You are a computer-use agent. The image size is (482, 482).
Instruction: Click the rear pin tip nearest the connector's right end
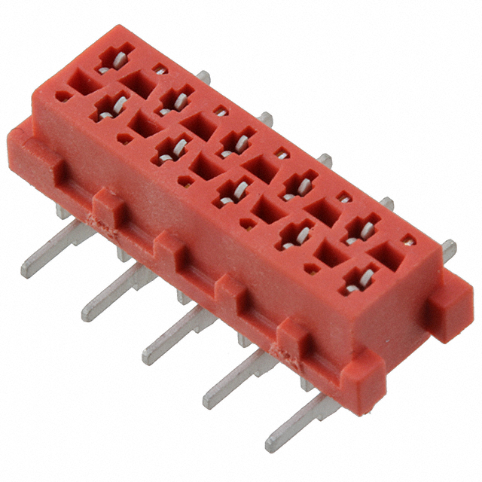click(x=450, y=246)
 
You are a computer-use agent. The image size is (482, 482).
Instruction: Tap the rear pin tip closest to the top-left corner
click(x=203, y=75)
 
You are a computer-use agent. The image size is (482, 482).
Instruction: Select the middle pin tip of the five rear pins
click(x=327, y=159)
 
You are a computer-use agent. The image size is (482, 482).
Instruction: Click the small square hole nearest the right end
click(x=408, y=242)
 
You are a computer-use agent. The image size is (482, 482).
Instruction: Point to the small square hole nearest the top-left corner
click(x=160, y=70)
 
